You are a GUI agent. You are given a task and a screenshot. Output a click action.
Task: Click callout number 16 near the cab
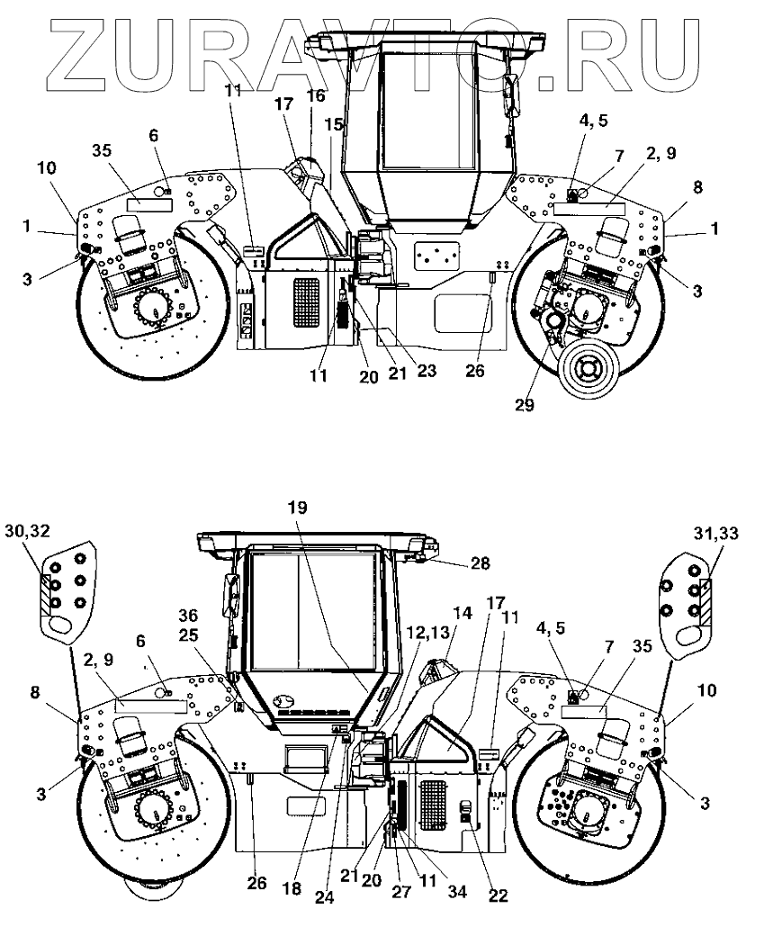[316, 94]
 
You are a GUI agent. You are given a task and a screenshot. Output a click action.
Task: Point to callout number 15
[334, 124]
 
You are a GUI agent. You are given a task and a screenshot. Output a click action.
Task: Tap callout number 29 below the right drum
[525, 405]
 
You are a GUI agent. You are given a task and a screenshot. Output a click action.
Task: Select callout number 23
[427, 370]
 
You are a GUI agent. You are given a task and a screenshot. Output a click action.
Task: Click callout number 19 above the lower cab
[298, 507]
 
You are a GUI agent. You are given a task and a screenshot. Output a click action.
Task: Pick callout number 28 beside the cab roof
[480, 562]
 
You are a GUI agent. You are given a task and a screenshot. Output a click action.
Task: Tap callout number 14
[463, 613]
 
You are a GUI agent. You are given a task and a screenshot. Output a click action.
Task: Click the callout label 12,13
[429, 632]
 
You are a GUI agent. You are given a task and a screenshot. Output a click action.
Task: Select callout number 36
[189, 616]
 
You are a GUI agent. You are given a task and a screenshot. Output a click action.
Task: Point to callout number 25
[189, 635]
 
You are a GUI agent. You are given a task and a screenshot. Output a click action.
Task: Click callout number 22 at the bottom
[498, 895]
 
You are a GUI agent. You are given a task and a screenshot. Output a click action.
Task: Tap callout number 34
[456, 891]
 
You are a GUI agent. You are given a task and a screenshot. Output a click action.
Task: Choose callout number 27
[401, 891]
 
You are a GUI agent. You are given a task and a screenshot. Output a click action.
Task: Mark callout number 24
[324, 896]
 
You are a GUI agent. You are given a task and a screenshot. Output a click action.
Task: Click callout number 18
[292, 888]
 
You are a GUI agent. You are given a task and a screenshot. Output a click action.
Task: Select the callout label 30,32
[27, 530]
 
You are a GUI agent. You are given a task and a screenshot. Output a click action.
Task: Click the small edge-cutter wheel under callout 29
[589, 370]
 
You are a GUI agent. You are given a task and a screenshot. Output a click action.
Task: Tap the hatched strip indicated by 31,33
[706, 602]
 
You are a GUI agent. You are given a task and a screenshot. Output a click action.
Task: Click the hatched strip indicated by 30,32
[46, 593]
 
